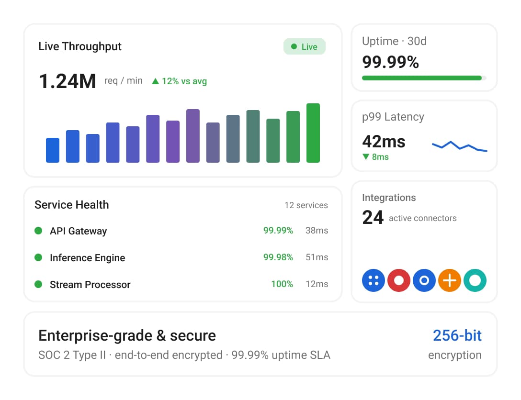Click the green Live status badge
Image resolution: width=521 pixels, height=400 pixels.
(x=305, y=46)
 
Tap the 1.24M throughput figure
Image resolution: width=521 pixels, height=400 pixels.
(x=68, y=81)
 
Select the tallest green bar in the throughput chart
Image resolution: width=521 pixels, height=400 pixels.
(x=313, y=133)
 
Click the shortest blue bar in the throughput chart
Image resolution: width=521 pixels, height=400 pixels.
(x=53, y=150)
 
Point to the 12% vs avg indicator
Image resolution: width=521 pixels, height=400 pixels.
(x=180, y=81)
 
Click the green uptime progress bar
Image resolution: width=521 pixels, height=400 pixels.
(x=422, y=78)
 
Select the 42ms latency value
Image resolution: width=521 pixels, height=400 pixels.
(x=384, y=142)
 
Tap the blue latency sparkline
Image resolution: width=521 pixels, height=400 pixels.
(x=460, y=146)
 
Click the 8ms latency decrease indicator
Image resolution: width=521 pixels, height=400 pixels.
(x=376, y=156)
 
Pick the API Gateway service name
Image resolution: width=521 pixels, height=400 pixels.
(x=79, y=231)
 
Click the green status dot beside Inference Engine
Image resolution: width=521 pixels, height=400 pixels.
(x=38, y=257)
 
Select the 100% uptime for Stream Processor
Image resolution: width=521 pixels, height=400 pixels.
(x=282, y=284)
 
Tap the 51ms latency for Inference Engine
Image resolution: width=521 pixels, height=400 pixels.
(x=317, y=257)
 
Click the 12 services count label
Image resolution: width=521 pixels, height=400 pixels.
(x=306, y=205)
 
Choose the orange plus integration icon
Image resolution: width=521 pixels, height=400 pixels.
(x=450, y=280)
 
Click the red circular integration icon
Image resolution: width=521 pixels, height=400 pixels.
(x=399, y=280)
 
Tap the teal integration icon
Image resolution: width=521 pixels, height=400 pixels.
(x=475, y=280)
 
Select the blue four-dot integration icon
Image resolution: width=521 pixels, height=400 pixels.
(x=374, y=280)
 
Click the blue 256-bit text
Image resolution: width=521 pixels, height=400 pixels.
(x=457, y=335)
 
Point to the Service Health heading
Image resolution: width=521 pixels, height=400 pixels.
(x=72, y=205)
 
